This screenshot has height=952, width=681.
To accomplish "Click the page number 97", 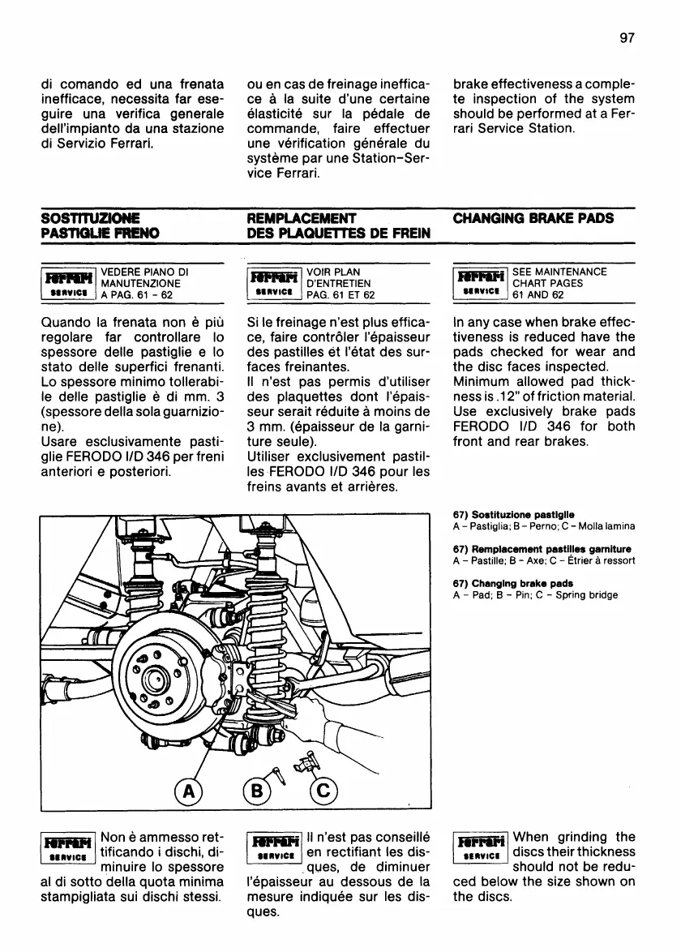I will (625, 37).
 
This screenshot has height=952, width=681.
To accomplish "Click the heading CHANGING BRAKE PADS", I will (533, 218).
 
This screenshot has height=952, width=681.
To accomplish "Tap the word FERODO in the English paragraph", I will (486, 427).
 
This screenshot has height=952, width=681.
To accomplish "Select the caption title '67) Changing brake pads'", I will (512, 583).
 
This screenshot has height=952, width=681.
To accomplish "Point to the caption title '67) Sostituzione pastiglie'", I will (514, 514).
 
